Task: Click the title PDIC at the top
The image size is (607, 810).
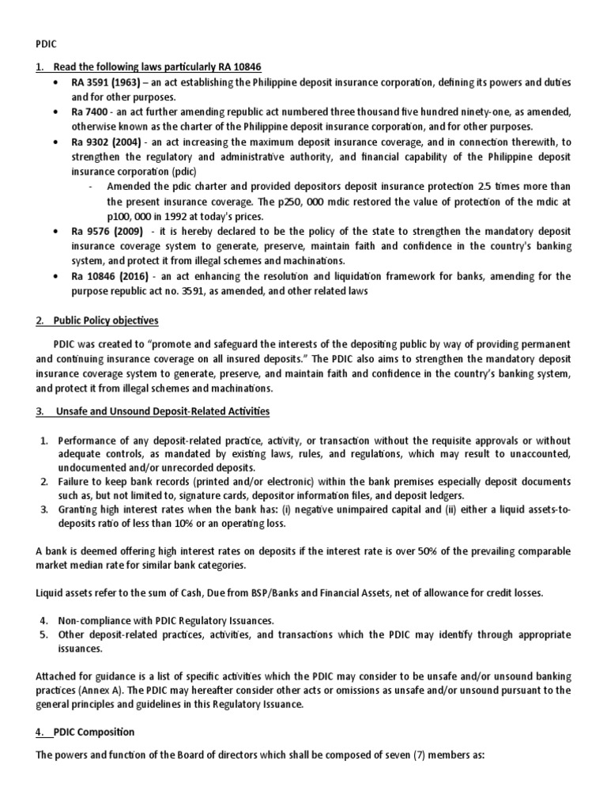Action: coord(47,45)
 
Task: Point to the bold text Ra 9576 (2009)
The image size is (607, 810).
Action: coord(98,233)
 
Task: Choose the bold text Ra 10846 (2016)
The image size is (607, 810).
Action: coord(101,276)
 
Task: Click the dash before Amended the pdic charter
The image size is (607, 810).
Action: coord(92,187)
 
